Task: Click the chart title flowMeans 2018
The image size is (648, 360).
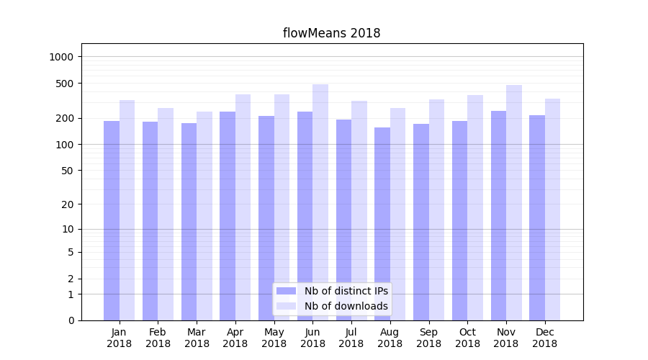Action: click(x=331, y=33)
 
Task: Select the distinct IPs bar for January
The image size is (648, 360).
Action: click(x=112, y=220)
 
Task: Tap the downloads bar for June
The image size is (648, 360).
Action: click(x=320, y=202)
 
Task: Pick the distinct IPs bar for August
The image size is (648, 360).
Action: click(x=382, y=224)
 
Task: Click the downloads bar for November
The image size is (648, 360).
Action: click(x=514, y=202)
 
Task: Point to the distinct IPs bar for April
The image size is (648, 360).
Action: click(x=228, y=216)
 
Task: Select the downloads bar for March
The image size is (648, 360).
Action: click(x=204, y=216)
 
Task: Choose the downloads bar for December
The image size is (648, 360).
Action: click(x=553, y=210)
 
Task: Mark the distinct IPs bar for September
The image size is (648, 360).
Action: click(x=421, y=222)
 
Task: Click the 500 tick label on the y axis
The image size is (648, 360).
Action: click(x=66, y=84)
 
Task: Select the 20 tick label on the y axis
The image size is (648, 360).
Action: click(x=68, y=204)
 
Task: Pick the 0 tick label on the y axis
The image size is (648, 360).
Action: click(x=71, y=320)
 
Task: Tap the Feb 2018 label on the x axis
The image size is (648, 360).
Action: click(x=158, y=338)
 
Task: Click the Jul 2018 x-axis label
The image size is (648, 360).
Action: click(x=351, y=338)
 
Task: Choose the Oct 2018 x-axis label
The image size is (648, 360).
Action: click(x=467, y=338)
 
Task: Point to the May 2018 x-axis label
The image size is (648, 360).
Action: click(x=274, y=338)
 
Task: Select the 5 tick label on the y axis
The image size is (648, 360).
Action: click(x=71, y=252)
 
